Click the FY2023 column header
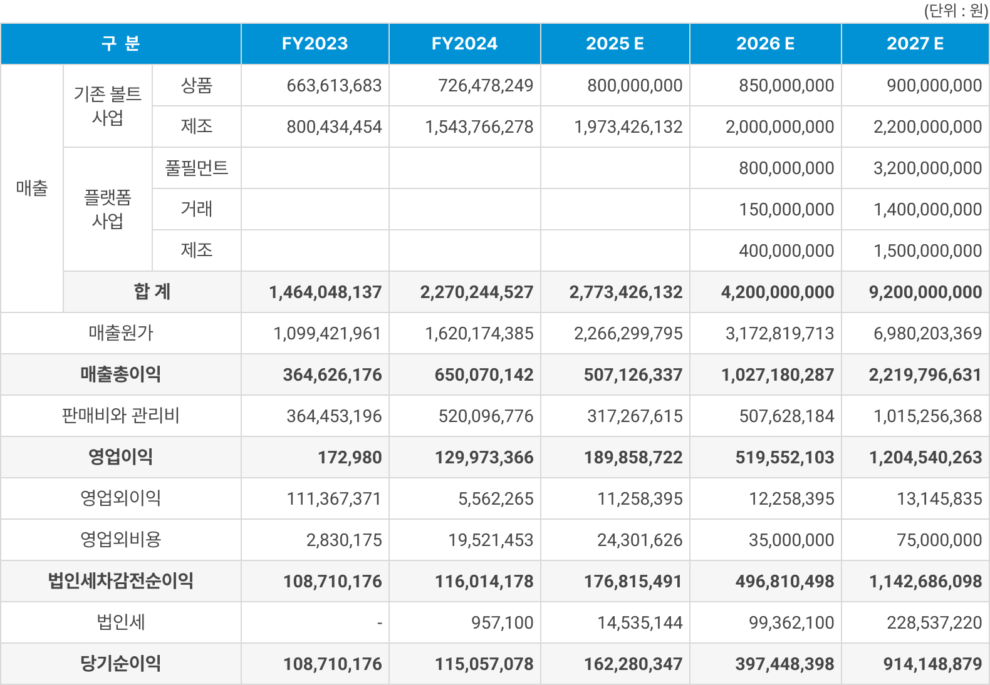tap(315, 44)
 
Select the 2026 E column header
tap(765, 44)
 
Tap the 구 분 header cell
tap(121, 44)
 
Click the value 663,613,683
tap(334, 86)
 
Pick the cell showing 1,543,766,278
tap(479, 127)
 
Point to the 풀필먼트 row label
tap(196, 168)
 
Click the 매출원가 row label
tap(121, 333)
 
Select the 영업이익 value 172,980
tap(350, 458)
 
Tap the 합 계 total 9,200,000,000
tap(925, 292)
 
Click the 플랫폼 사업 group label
tap(108, 209)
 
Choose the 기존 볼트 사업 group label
tap(108, 106)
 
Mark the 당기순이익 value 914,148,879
tap(932, 664)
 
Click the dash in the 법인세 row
tap(380, 623)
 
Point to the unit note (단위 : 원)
tap(956, 11)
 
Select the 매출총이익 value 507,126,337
tap(633, 375)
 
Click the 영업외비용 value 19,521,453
tap(491, 540)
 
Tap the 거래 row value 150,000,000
tap(786, 210)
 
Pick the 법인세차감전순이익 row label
tap(121, 581)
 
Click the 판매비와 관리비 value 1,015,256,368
tap(927, 416)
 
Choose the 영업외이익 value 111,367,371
tap(334, 499)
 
